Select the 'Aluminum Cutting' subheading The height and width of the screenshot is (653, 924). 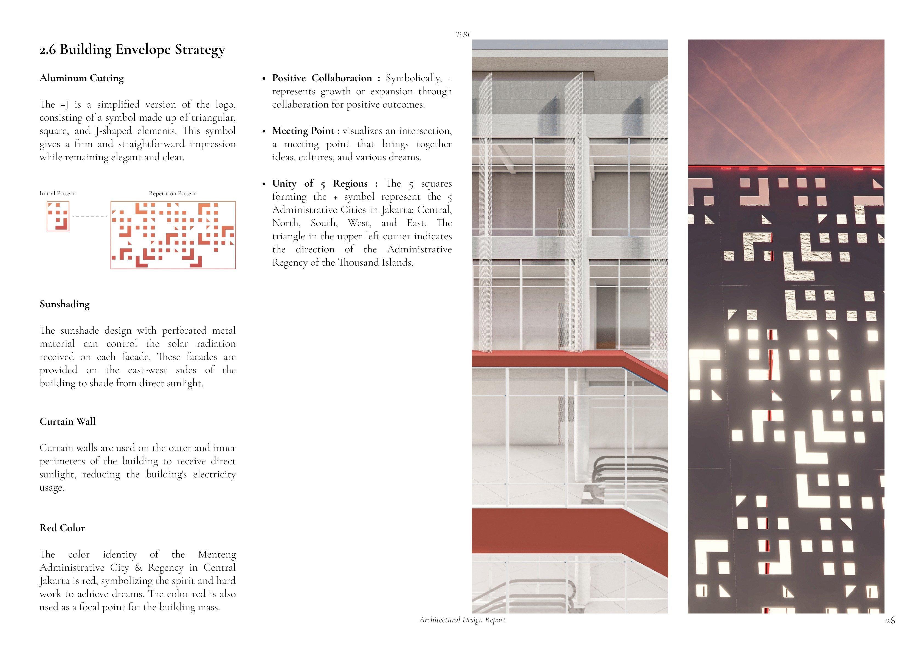(81, 78)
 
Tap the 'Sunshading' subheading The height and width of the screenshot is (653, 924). (64, 304)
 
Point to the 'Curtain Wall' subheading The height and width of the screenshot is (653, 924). (67, 421)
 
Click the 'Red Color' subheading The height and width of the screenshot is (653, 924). (62, 528)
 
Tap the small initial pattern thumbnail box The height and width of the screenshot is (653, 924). (58, 216)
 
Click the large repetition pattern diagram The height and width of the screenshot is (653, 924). (173, 235)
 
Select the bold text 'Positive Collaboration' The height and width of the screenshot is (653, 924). (322, 78)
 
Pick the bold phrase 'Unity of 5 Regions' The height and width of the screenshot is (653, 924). (320, 184)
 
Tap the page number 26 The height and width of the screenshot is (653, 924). (890, 620)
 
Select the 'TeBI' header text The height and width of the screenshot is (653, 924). (462, 35)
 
